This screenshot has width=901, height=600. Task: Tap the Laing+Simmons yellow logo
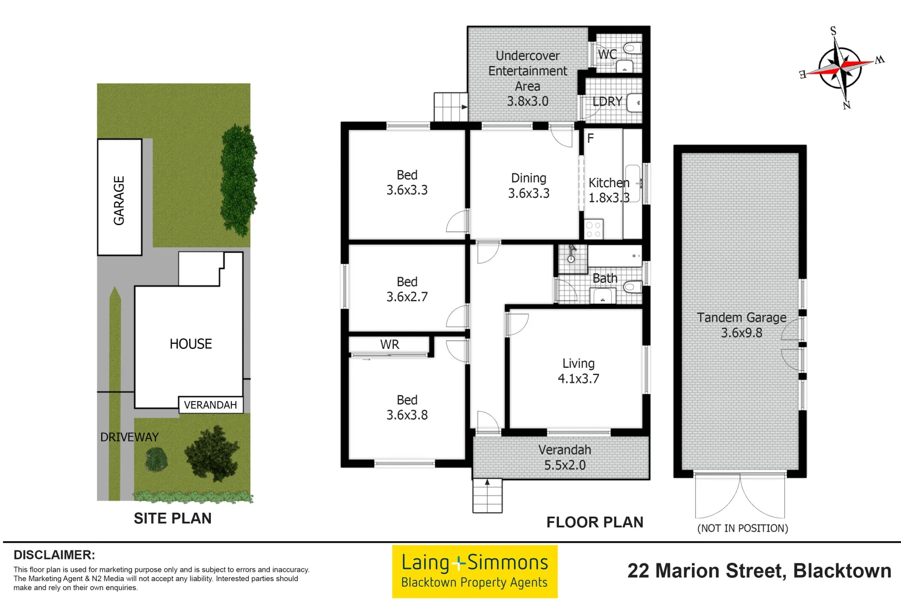474,571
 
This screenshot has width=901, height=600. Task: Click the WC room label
607,54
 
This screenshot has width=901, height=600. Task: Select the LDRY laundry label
607,102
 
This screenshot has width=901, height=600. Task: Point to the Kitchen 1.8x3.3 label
608,190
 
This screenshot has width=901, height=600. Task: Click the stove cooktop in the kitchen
593,229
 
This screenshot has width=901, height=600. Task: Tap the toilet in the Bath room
632,287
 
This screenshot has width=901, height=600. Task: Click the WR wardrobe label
389,344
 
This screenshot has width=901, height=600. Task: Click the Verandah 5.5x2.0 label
565,457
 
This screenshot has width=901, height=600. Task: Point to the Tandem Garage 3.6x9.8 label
741,325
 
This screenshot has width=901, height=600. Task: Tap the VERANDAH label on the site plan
210,405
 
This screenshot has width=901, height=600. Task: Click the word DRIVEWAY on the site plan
129,437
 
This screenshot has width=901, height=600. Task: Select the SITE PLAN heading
172,518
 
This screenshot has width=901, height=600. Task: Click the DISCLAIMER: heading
54,555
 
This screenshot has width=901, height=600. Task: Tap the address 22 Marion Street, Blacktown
759,571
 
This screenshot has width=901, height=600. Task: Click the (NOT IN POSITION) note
742,528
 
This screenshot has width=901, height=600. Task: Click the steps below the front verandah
487,496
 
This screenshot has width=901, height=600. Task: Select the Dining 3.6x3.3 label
528,186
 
